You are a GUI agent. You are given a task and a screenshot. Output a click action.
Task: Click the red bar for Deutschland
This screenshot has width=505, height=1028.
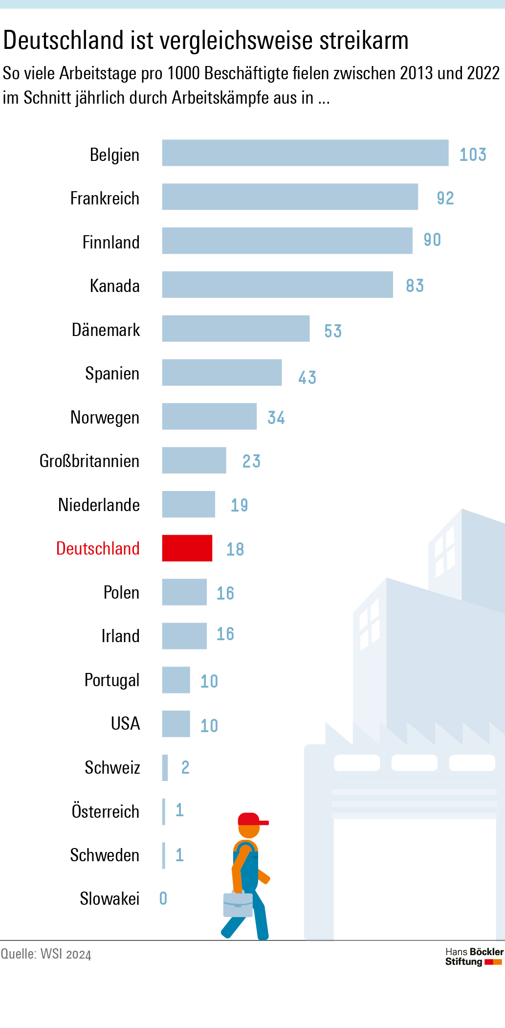pyautogui.click(x=187, y=548)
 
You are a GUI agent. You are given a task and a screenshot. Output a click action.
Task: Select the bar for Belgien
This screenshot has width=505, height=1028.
pyautogui.click(x=305, y=153)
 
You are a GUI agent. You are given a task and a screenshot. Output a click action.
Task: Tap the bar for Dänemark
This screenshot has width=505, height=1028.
pyautogui.click(x=236, y=329)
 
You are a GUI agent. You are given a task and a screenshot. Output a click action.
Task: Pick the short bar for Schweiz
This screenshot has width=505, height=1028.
pyautogui.click(x=165, y=768)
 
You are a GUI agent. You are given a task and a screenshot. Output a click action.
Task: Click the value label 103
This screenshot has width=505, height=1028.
pyautogui.click(x=473, y=155)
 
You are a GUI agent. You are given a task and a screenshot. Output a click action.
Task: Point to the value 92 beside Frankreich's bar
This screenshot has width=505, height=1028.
pyautogui.click(x=445, y=198)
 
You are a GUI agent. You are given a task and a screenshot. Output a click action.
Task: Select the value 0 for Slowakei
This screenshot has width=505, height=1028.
pyautogui.click(x=163, y=898)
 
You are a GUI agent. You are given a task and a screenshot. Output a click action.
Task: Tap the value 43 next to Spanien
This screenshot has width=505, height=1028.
pyautogui.click(x=307, y=378)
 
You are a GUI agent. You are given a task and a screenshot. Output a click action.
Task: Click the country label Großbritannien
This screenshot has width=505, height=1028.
pyautogui.click(x=89, y=461)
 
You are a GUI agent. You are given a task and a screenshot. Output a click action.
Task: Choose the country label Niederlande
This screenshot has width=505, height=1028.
pyautogui.click(x=99, y=505)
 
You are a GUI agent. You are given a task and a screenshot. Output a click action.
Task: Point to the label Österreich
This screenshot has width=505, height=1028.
pyautogui.click(x=106, y=811)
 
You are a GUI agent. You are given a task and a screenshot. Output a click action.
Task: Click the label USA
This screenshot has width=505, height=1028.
pyautogui.click(x=125, y=724)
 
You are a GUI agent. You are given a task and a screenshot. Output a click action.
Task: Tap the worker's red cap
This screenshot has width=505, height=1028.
pyautogui.click(x=250, y=819)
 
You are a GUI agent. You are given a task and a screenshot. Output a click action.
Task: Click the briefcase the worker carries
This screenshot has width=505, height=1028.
pyautogui.click(x=238, y=905)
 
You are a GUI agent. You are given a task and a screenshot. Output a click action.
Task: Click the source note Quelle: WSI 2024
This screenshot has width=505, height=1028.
pyautogui.click(x=46, y=954)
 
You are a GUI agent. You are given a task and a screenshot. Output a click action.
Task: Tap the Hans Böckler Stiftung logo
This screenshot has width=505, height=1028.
pyautogui.click(x=474, y=957)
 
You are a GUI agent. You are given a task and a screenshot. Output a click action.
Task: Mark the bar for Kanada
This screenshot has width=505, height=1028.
pyautogui.click(x=277, y=285)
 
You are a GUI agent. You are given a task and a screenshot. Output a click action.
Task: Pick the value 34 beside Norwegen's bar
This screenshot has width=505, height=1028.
pyautogui.click(x=276, y=418)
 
